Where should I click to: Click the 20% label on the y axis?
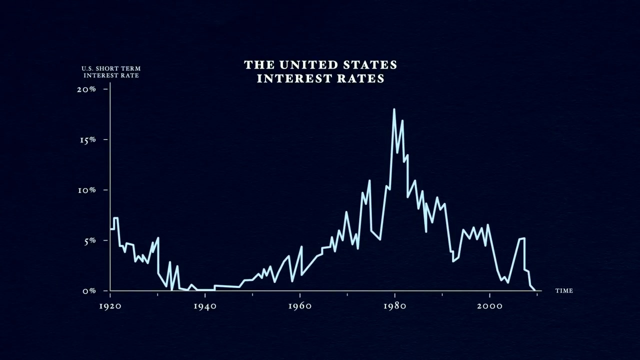click(86, 89)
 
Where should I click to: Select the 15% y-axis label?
click(87, 140)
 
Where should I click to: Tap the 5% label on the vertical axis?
click(89, 241)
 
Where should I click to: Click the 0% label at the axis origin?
click(89, 291)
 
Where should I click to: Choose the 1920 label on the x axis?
click(110, 306)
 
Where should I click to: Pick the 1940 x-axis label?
click(205, 306)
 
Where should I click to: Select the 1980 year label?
click(394, 306)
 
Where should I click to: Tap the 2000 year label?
click(489, 306)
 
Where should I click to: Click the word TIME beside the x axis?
click(564, 291)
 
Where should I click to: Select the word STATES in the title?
click(370, 65)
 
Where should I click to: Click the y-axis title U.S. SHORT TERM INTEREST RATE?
click(111, 72)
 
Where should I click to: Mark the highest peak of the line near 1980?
click(394, 109)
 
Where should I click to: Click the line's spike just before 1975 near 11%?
click(369, 180)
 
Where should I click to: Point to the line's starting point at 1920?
click(110, 229)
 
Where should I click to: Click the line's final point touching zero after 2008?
click(535, 290)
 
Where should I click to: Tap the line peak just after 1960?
click(301, 246)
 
